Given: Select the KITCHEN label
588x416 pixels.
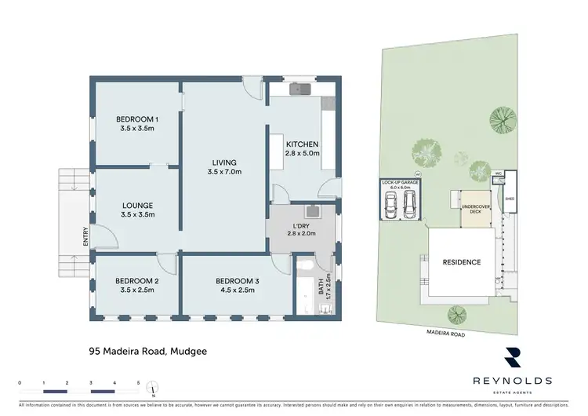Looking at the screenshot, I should pos(302,144).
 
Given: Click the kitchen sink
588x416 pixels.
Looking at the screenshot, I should pos(299,89).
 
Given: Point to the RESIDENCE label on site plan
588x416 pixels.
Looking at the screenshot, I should pos(462,262).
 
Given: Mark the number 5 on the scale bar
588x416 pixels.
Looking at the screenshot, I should pos(139,382).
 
